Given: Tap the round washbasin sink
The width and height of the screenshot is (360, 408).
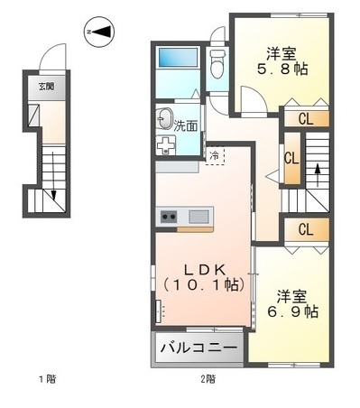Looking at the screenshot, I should click(165, 118).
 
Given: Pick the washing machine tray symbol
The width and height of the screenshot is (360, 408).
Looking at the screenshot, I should click(167, 145).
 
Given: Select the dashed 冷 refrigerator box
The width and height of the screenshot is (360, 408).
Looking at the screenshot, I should click(214, 155).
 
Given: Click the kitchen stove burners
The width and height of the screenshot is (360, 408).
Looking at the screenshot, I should click(169, 216).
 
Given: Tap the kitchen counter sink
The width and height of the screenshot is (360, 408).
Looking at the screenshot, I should click(198, 216).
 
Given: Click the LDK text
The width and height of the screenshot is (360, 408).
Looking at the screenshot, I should click(204, 268).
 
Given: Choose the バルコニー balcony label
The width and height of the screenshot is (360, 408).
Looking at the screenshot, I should click(199, 348).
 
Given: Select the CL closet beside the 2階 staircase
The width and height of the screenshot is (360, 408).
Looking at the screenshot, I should click(291, 157).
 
